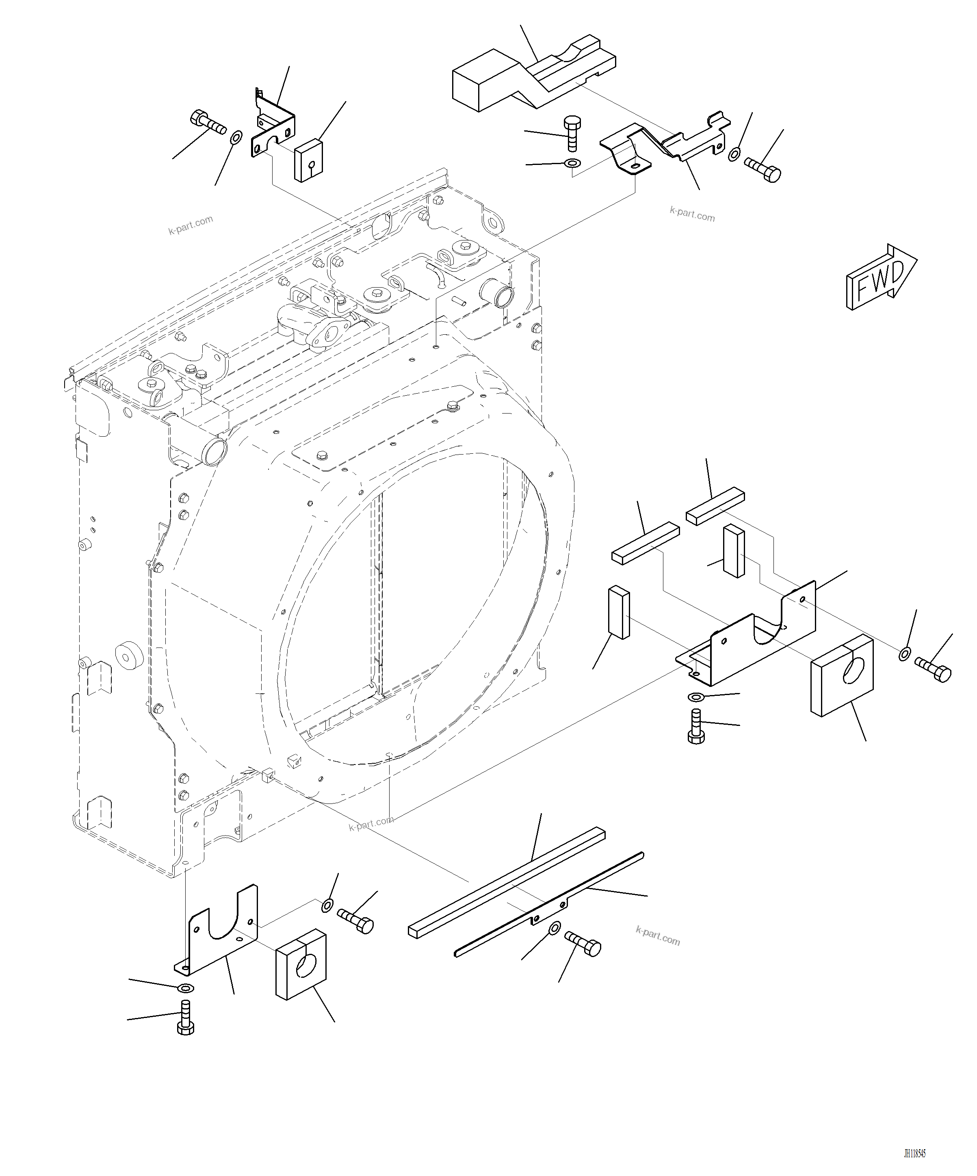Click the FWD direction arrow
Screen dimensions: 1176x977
coord(881,277)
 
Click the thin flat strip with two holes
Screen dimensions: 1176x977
coord(549,904)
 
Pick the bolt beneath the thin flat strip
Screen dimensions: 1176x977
coord(583,944)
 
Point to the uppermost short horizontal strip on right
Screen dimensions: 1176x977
coord(715,506)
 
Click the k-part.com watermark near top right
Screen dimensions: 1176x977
coord(692,214)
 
